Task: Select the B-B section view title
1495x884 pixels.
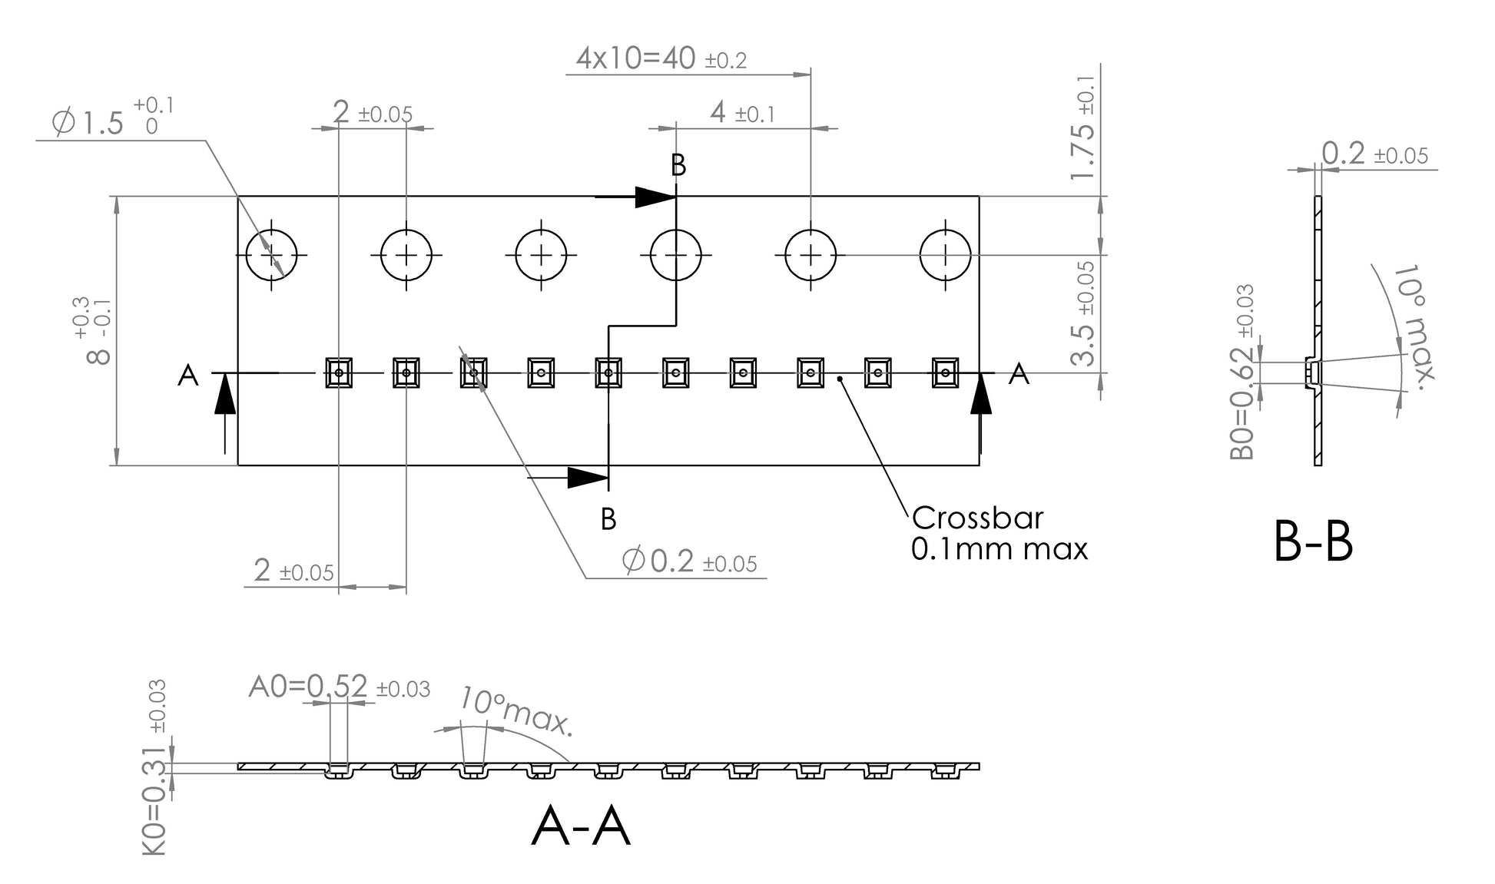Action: coord(1313,542)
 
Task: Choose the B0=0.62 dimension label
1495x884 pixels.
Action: coord(1242,372)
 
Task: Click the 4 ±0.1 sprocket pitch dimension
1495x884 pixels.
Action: coord(742,114)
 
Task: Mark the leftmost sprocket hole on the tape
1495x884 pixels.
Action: coord(271,254)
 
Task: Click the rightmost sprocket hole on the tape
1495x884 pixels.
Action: coord(945,254)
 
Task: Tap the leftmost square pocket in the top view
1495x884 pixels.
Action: coord(339,372)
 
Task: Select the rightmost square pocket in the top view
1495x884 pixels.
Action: coord(945,372)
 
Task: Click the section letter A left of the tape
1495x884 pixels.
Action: coord(188,376)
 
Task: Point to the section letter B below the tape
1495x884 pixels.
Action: coord(608,520)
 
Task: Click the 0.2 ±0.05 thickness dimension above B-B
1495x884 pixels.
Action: coord(1374,154)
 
